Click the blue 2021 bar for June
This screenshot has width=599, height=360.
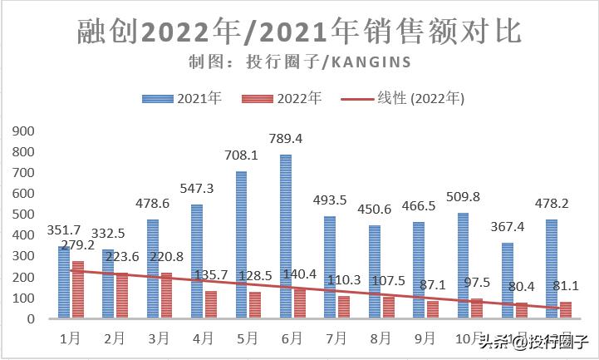click(286, 237)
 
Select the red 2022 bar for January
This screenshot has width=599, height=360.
click(78, 289)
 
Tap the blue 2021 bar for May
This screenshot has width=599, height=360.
click(241, 245)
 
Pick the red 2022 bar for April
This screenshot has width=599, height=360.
click(211, 304)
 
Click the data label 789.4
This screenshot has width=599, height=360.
click(287, 138)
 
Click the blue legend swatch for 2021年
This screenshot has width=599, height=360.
click(158, 98)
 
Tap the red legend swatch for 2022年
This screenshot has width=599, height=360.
click(258, 98)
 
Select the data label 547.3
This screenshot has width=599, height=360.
click(197, 189)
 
